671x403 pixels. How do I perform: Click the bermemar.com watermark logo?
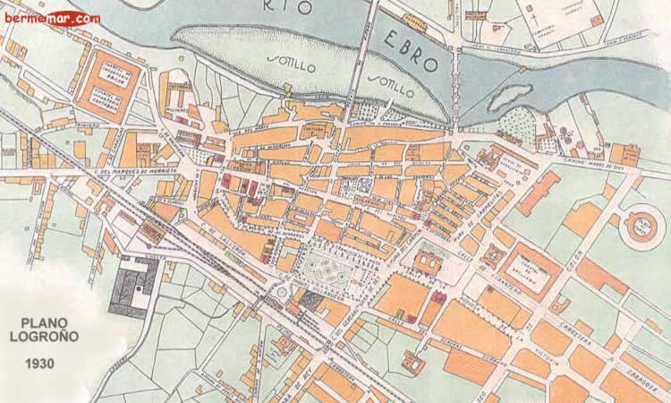[x=51, y=17]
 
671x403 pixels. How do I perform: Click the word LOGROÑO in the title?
[x=52, y=339]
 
